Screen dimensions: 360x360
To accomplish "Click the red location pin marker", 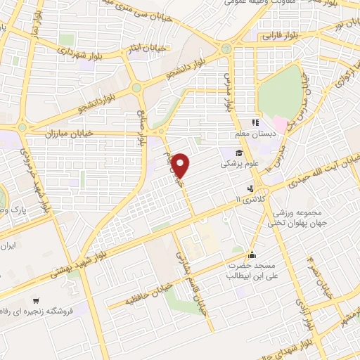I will pyautogui.click(x=181, y=165).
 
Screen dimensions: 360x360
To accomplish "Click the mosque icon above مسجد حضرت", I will pyautogui.click(x=252, y=255).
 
